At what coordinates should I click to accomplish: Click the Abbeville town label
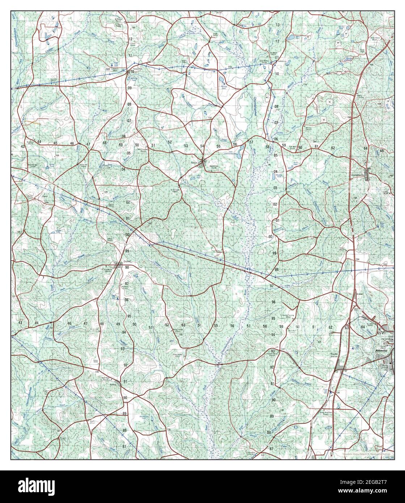[x=381, y=351]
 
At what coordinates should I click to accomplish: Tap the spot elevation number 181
[x=108, y=69]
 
